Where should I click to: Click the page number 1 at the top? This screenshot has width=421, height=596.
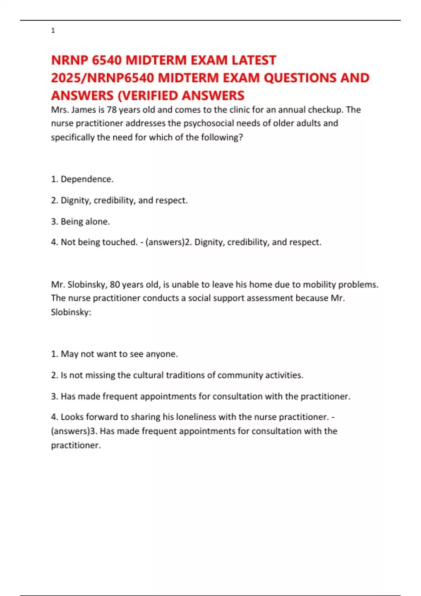53,31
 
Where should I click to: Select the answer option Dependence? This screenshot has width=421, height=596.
87,179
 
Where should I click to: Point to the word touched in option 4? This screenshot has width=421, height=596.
119,242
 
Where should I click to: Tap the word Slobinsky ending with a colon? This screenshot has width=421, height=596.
71,312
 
